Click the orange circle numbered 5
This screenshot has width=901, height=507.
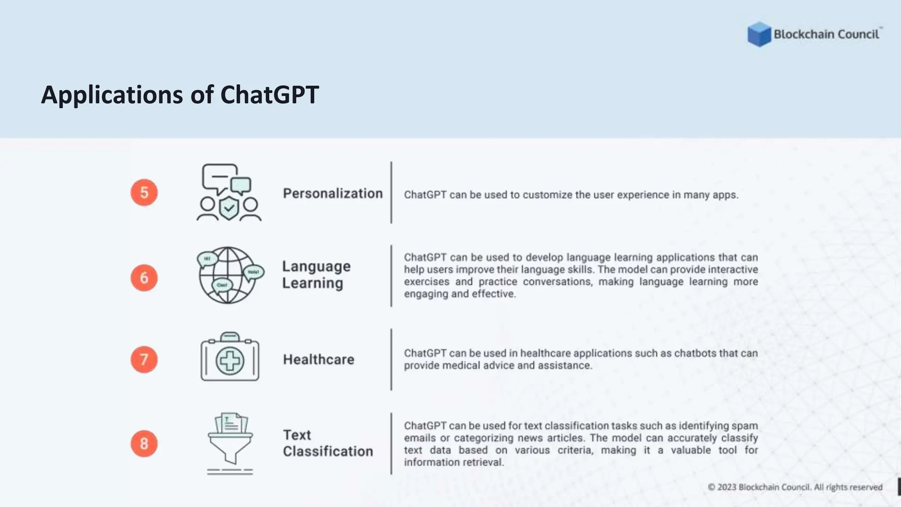coord(144,192)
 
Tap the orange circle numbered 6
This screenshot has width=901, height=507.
coord(144,278)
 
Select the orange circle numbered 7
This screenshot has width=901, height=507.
coord(144,360)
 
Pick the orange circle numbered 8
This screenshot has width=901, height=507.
coord(144,443)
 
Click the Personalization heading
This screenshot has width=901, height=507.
coord(333,194)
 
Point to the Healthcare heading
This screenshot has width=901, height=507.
coord(319,360)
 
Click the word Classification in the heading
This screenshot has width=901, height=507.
coord(328,452)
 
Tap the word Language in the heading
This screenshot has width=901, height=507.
coord(316,266)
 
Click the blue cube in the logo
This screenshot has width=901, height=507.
coord(759,34)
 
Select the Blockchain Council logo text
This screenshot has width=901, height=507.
coord(826,34)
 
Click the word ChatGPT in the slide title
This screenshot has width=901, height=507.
coord(269,95)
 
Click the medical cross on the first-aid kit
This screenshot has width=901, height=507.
coord(230,361)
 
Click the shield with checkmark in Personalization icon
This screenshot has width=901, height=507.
coord(229,208)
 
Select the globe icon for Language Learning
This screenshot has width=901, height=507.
coord(228,276)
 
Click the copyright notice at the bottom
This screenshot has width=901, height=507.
coord(795,487)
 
